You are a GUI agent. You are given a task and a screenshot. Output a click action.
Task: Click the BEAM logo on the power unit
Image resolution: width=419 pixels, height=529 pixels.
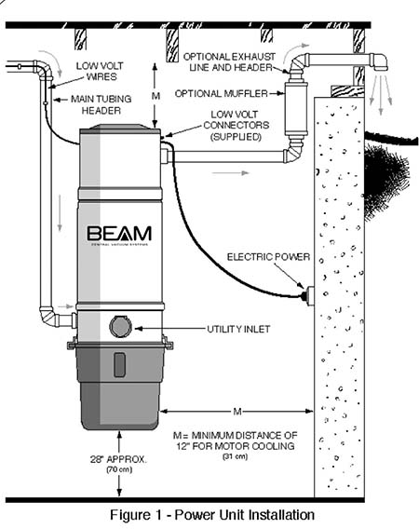click(119, 234)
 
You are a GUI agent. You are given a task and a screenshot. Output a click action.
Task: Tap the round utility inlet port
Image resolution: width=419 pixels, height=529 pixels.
click(120, 326)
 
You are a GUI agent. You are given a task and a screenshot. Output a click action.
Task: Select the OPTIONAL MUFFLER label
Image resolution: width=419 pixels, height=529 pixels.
click(222, 93)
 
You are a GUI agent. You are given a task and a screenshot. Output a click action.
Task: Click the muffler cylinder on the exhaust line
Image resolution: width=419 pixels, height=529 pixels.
click(295, 108)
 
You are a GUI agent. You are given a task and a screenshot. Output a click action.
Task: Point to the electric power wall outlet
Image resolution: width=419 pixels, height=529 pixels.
click(309, 295)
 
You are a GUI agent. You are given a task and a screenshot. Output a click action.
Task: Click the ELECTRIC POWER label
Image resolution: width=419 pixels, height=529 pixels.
click(268, 257)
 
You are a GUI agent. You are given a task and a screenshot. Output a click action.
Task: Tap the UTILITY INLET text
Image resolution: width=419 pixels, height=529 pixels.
click(238, 329)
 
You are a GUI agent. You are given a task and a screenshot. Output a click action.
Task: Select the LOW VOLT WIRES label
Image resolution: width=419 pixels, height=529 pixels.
click(100, 71)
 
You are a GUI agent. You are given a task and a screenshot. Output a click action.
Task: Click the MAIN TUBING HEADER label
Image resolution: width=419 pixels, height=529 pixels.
click(101, 104)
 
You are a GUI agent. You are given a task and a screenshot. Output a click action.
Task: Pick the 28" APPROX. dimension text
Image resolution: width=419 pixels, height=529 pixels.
click(118, 459)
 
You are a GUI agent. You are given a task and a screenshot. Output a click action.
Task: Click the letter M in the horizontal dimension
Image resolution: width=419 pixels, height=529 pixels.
click(237, 412)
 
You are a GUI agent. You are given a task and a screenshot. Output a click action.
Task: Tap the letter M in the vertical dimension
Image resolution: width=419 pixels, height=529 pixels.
click(155, 96)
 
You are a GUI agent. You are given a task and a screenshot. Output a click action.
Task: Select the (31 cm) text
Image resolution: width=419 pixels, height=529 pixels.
click(236, 456)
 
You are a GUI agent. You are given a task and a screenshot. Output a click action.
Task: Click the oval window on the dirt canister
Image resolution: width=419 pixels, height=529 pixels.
click(120, 365)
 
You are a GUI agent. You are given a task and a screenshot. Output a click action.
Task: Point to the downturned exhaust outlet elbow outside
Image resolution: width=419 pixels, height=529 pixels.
click(379, 62)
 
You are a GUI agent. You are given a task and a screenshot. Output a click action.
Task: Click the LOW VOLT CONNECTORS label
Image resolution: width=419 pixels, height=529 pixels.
click(237, 125)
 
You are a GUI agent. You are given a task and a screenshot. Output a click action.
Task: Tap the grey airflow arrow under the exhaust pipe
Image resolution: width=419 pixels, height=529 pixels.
click(232, 172)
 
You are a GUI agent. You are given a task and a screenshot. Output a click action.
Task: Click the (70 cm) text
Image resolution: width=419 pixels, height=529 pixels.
click(119, 469)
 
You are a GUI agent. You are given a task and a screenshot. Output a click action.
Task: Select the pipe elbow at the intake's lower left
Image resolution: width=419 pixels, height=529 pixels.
click(47, 317)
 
